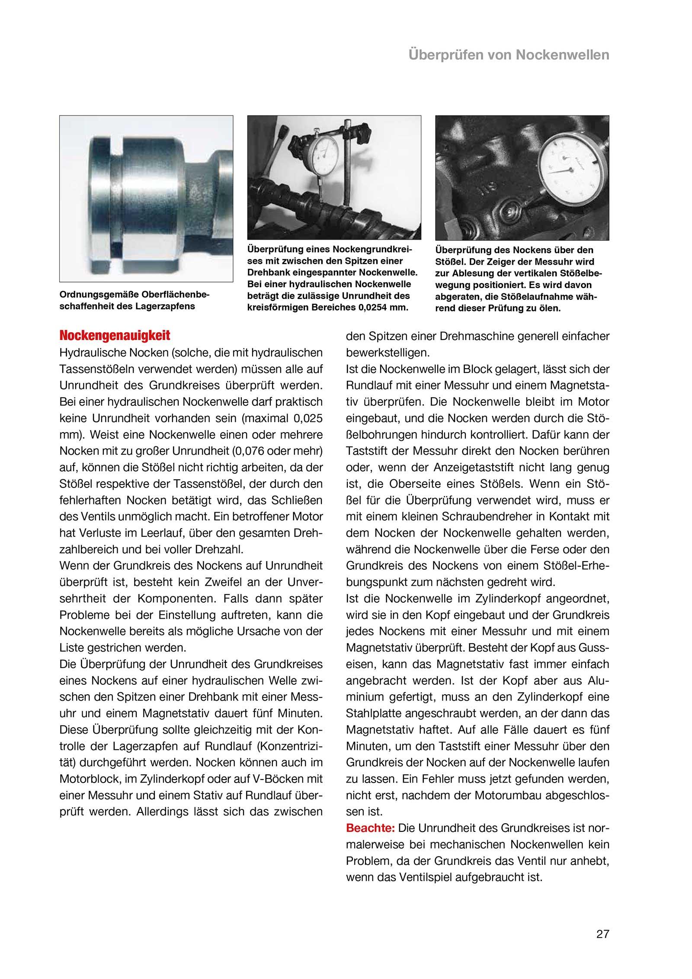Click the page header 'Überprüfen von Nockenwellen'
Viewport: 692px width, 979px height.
click(x=509, y=55)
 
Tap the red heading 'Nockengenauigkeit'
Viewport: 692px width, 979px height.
click(x=115, y=335)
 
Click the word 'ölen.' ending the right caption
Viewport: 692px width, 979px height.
click(x=549, y=308)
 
